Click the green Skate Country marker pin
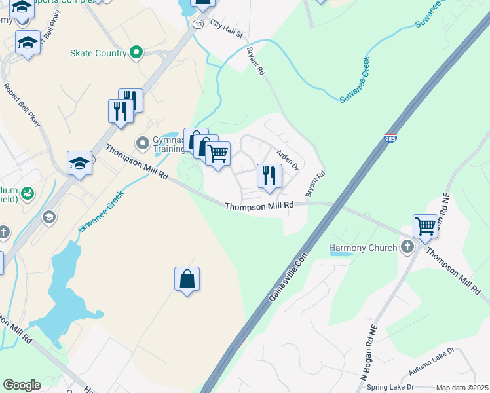click(x=136, y=52)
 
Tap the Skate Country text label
click(x=99, y=53)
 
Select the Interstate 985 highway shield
click(x=390, y=138)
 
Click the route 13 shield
click(x=197, y=24)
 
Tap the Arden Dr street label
click(x=287, y=158)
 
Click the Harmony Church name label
click(x=363, y=248)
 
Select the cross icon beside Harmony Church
click(x=407, y=247)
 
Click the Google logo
click(x=22, y=385)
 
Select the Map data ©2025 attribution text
click(x=462, y=388)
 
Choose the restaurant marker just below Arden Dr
click(x=269, y=176)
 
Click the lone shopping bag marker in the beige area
click(x=187, y=279)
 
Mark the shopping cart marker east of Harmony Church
click(x=426, y=227)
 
